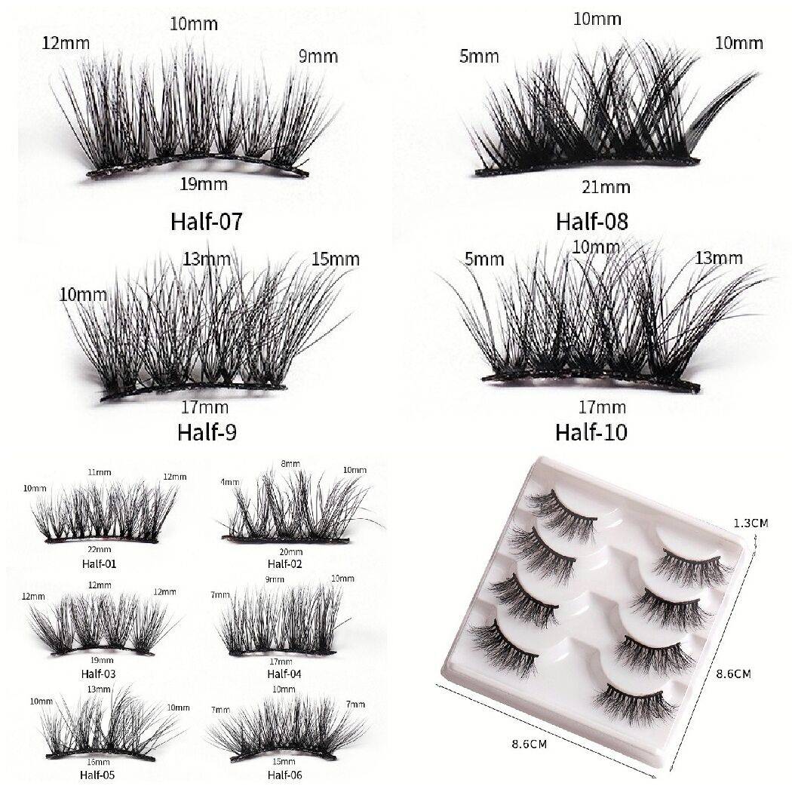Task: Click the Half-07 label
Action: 207,222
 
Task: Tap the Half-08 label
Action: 592,222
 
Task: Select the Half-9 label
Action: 207,432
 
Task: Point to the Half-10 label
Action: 591,432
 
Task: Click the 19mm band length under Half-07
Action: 204,184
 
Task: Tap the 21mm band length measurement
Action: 606,187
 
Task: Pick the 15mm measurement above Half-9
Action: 336,259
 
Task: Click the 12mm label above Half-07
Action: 66,44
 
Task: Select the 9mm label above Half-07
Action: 318,56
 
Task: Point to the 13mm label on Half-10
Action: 719,258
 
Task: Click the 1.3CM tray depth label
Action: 751,523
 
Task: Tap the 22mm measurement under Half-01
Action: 100,550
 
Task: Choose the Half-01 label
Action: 99,563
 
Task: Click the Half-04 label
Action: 284,674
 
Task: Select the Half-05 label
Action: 97,775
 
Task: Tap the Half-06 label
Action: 284,775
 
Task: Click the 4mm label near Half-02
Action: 230,482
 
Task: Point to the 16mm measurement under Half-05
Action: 98,762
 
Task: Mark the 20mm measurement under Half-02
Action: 291,551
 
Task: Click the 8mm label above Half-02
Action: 290,464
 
